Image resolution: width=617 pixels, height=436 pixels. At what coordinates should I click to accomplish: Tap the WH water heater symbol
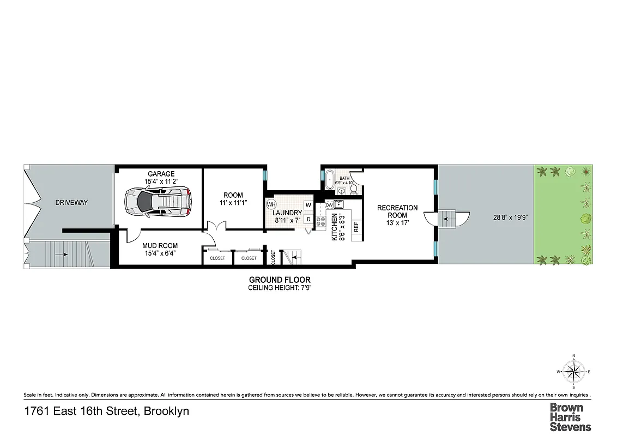[271, 204]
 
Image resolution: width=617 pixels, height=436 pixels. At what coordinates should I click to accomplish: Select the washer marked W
[308, 205]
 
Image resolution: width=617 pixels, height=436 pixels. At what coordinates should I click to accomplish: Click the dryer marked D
[308, 219]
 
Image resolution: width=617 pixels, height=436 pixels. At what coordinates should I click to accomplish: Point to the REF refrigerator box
[356, 227]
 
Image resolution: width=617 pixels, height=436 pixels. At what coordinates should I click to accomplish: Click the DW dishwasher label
[329, 205]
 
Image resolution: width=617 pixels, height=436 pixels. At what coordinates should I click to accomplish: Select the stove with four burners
[320, 221]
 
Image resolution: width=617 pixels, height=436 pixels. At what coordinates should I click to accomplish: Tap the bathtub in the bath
[329, 179]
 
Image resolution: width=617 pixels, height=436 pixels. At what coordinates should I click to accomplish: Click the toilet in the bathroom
[353, 189]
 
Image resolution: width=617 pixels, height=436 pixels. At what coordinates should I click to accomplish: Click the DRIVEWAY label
[71, 203]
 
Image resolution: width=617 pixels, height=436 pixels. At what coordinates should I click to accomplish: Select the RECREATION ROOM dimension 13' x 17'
[397, 222]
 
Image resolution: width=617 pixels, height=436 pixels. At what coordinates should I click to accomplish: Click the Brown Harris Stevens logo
[570, 417]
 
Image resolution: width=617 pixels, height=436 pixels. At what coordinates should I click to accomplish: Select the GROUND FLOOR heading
[280, 280]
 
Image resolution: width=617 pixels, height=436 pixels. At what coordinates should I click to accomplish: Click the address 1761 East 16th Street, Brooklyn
[107, 411]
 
